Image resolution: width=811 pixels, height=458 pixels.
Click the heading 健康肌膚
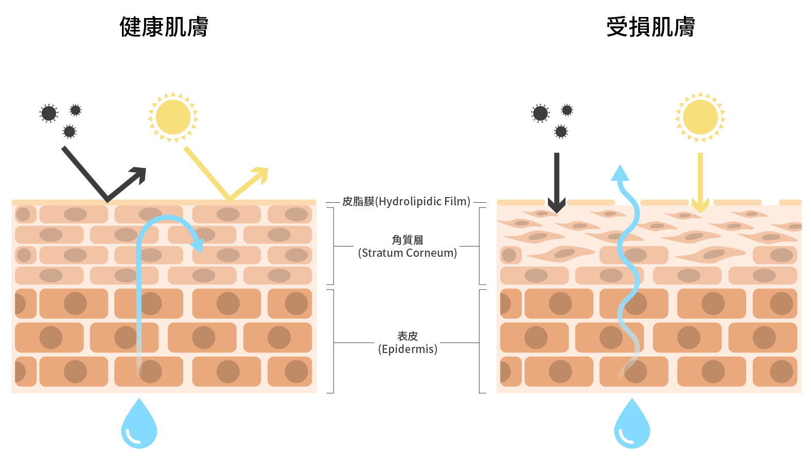click(x=164, y=27)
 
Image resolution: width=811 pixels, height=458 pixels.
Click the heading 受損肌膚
click(x=650, y=27)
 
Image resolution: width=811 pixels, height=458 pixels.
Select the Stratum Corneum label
click(x=408, y=253)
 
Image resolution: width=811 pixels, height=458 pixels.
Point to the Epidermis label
click(x=408, y=349)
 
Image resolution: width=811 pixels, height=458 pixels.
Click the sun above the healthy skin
click(x=173, y=117)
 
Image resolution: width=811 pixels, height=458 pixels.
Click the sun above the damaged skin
click(x=700, y=117)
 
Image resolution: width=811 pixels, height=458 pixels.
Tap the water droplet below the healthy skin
click(x=139, y=426)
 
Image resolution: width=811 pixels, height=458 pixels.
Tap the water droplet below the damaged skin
click(x=632, y=426)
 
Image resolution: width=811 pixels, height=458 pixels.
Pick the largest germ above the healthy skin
click(x=49, y=113)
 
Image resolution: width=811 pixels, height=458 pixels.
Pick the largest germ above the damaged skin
click(x=540, y=113)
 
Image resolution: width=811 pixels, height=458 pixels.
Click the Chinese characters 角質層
click(x=408, y=240)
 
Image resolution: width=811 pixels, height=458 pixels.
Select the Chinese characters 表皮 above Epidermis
click(x=408, y=336)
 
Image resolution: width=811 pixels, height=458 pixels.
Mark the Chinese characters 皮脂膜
click(x=358, y=201)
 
